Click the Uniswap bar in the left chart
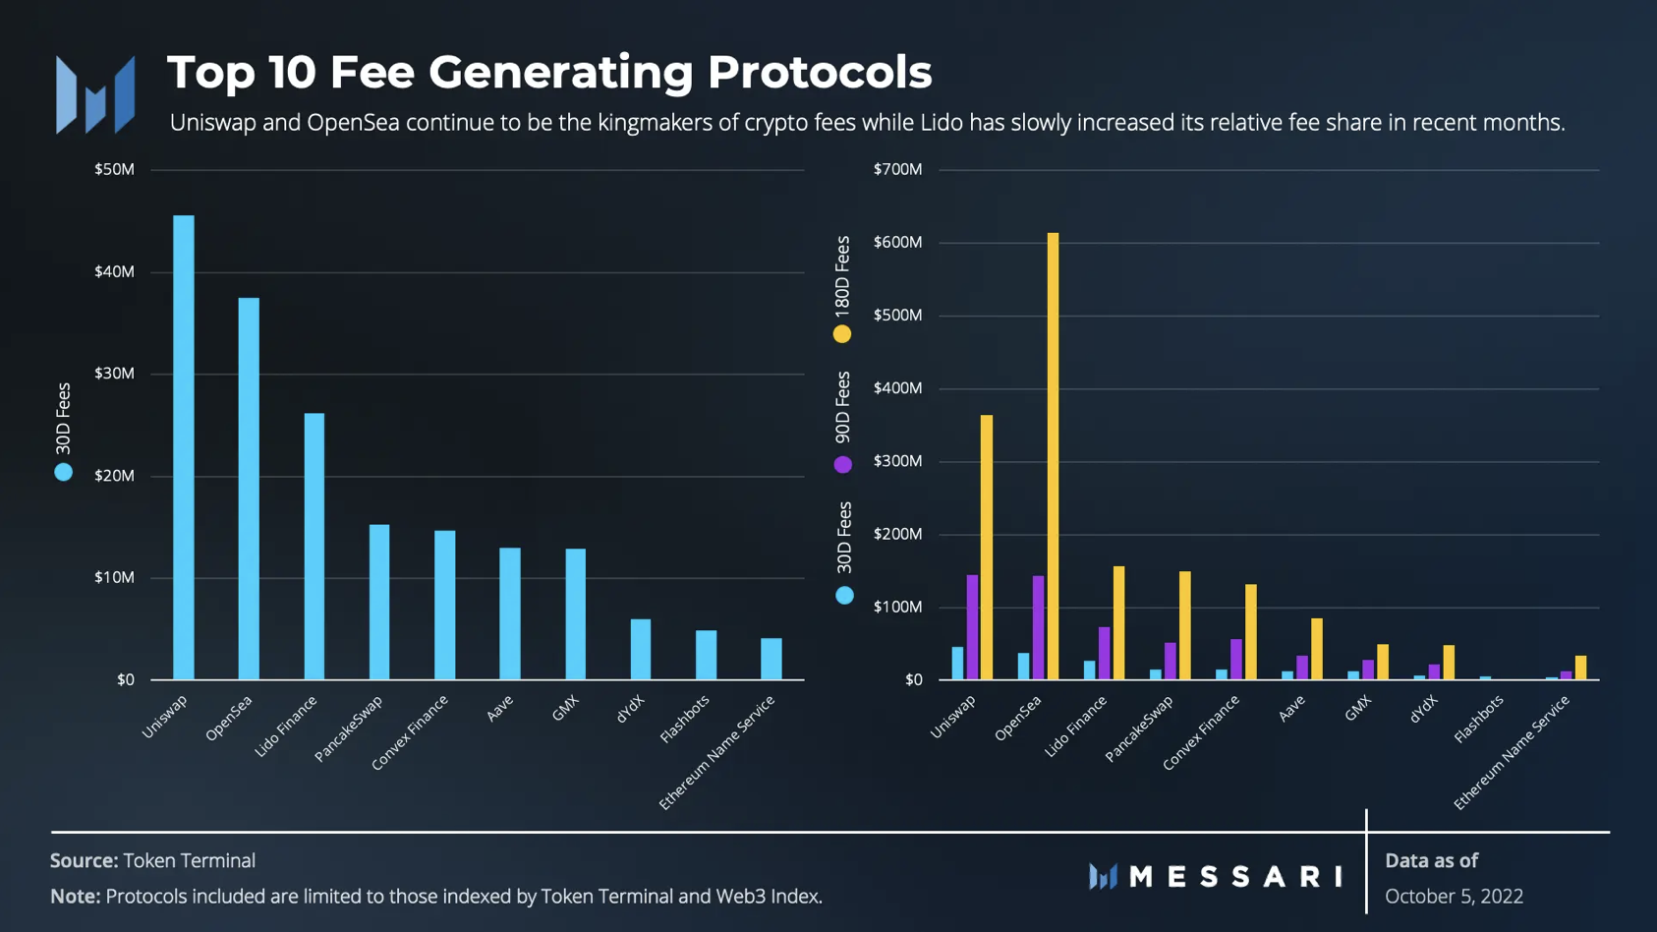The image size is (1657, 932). [x=184, y=447]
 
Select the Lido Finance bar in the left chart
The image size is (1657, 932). [x=314, y=546]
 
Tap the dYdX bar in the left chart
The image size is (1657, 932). [x=641, y=649]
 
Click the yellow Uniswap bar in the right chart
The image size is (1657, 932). [x=987, y=547]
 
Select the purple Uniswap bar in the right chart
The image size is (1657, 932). [x=972, y=627]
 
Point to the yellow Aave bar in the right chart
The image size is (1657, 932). [x=1317, y=649]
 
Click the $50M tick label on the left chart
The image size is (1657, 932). [x=114, y=169]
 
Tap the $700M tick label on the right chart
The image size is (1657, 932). [x=897, y=169]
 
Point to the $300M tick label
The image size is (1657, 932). [x=897, y=461]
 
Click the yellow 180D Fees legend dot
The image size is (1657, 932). [x=842, y=334]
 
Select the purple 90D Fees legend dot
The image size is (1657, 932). [x=843, y=464]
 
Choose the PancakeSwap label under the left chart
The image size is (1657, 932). [x=349, y=728]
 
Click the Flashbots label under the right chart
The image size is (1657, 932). [x=1479, y=719]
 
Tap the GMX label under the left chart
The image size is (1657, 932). [x=565, y=708]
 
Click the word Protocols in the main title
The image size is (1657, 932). [x=819, y=72]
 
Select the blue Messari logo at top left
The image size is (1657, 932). [x=95, y=94]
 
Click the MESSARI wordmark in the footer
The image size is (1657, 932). [x=1235, y=876]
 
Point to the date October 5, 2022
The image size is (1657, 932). [x=1454, y=897]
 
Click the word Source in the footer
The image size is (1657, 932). [x=84, y=860]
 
